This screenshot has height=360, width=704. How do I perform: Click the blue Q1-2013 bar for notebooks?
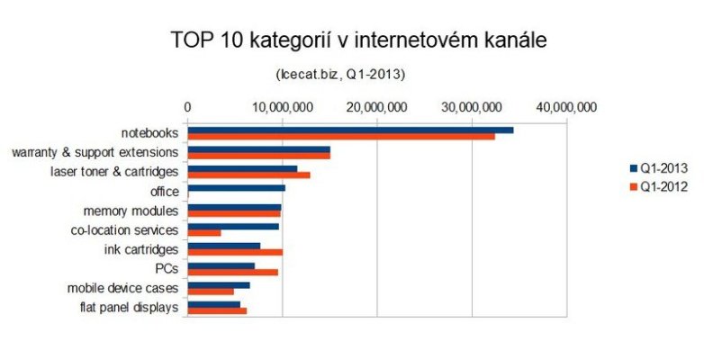point(350,130)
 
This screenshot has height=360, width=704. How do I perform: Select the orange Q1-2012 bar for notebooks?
point(341,137)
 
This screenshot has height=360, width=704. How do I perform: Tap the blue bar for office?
point(237,188)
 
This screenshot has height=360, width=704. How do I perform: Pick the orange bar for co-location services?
point(204,233)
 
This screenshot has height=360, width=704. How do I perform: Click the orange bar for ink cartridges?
point(235,253)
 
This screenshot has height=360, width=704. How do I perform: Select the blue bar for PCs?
point(221,265)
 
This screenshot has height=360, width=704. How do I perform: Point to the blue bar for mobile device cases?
point(219,285)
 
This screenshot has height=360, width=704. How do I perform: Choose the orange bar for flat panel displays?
point(217,311)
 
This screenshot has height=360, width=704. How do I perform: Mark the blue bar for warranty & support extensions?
point(259,149)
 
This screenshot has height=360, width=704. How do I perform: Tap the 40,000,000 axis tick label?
point(567,107)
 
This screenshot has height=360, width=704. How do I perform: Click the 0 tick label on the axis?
point(187,107)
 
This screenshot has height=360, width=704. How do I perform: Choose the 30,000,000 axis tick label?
point(473,107)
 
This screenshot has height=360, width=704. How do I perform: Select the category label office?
point(163,191)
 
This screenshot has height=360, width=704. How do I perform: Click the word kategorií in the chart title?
point(291,41)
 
